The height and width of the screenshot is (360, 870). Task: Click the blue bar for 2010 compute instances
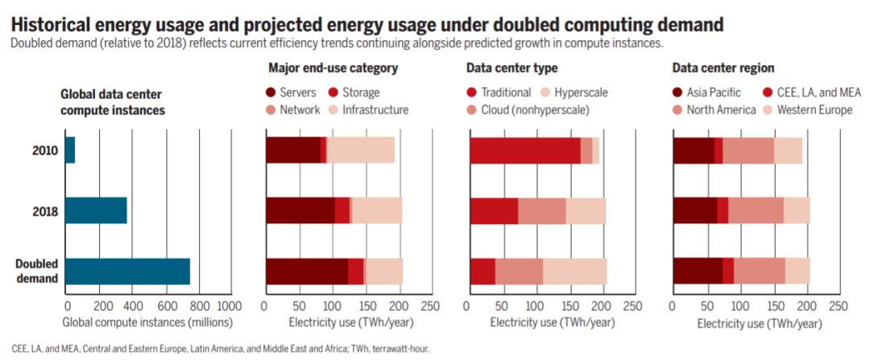(70, 151)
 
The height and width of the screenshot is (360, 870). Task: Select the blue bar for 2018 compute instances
(96, 210)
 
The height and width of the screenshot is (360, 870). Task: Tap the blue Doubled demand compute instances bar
(127, 271)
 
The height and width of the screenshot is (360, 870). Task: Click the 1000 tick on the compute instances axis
(229, 307)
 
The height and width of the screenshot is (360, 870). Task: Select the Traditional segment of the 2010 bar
(525, 151)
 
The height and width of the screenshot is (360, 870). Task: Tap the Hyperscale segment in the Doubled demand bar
(574, 271)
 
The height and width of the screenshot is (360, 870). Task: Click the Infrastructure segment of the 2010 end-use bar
(360, 151)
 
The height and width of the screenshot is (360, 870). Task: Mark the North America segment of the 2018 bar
(756, 210)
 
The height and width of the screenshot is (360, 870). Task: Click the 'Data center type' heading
(512, 68)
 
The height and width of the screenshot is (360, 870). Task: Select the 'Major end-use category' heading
(333, 68)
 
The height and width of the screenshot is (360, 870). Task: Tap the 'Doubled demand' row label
(38, 271)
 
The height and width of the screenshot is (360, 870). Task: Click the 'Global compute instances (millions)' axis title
(147, 322)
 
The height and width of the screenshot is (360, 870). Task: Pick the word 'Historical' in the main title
(52, 23)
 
